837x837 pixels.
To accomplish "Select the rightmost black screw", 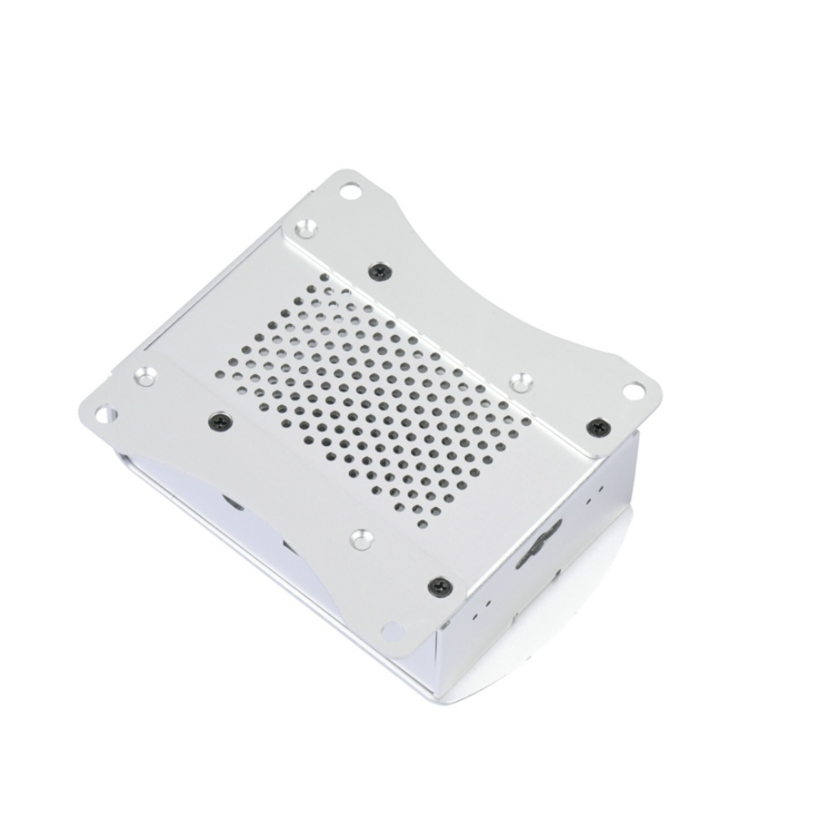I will tap(597, 426).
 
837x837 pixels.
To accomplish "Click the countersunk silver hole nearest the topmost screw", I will tap(307, 227).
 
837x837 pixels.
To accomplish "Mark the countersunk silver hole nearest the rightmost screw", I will tap(523, 382).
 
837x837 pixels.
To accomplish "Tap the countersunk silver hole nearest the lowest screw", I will tap(361, 539).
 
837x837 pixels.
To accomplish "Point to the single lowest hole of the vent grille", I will tap(423, 525).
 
